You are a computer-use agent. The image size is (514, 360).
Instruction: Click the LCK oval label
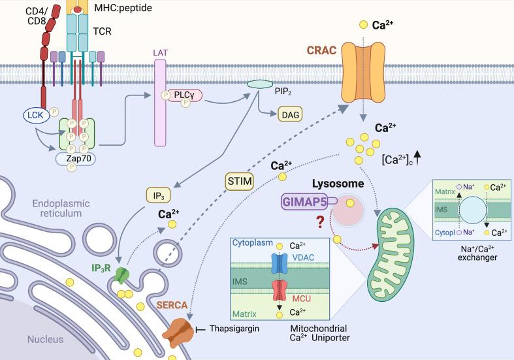click(x=34, y=116)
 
